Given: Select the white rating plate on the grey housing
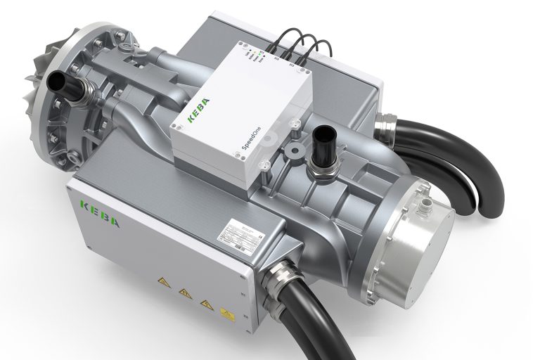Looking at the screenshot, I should point(242,229).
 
